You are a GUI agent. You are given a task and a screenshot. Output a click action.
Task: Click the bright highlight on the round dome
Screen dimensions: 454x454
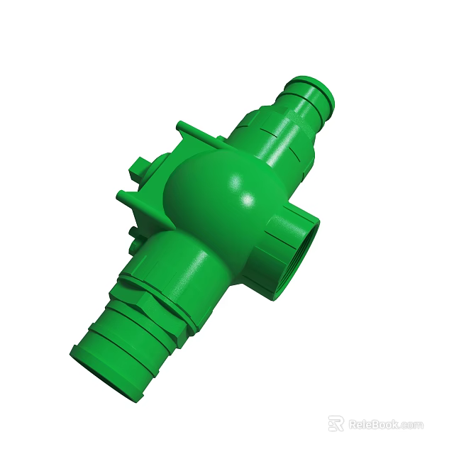[248, 201]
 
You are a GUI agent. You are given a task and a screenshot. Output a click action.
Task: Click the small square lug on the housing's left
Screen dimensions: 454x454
[137, 168]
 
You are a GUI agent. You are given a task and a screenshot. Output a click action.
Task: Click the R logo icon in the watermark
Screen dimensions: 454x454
[336, 423]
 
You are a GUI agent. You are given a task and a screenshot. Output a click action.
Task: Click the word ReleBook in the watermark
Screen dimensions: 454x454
[373, 424]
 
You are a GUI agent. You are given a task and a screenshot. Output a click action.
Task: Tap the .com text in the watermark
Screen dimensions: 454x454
[411, 425]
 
